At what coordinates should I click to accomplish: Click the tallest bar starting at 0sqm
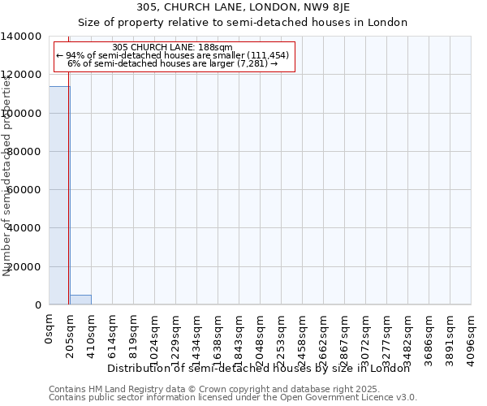[59, 195]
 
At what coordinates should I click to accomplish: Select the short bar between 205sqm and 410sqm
[80, 300]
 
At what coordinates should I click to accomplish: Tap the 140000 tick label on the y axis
[21, 37]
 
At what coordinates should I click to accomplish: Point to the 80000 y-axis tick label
[24, 152]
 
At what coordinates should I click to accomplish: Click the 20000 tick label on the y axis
[24, 267]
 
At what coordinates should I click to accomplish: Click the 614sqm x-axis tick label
[113, 335]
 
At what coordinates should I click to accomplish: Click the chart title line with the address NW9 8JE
[243, 8]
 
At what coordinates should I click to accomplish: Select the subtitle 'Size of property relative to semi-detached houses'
[243, 22]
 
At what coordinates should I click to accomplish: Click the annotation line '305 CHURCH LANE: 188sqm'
[173, 47]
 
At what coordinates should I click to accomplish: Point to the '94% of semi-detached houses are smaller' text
[173, 55]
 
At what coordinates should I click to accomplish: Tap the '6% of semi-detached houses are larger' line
[173, 63]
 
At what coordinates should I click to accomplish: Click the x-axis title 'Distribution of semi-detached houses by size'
[259, 369]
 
